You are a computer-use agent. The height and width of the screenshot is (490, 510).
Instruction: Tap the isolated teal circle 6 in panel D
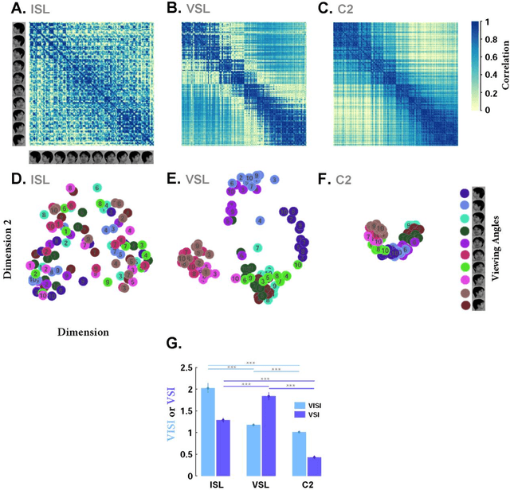point(96,188)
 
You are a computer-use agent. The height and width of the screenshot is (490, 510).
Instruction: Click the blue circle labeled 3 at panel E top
point(274,181)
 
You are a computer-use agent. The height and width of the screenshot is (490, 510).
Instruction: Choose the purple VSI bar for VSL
point(269,436)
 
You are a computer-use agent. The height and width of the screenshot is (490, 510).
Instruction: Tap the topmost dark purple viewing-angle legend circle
point(465,193)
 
